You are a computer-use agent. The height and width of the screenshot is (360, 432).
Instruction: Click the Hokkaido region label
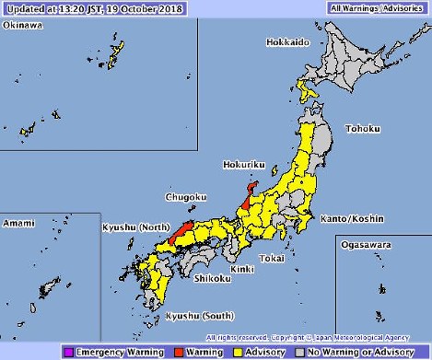click(286, 42)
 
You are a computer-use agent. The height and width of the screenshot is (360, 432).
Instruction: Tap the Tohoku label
click(361, 128)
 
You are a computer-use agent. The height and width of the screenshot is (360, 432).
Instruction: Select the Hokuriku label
click(244, 165)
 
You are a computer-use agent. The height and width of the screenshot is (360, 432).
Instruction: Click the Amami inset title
click(18, 223)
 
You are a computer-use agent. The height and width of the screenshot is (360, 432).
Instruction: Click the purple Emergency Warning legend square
click(69, 351)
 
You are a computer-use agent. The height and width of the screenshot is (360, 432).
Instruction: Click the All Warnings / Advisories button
click(378, 7)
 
